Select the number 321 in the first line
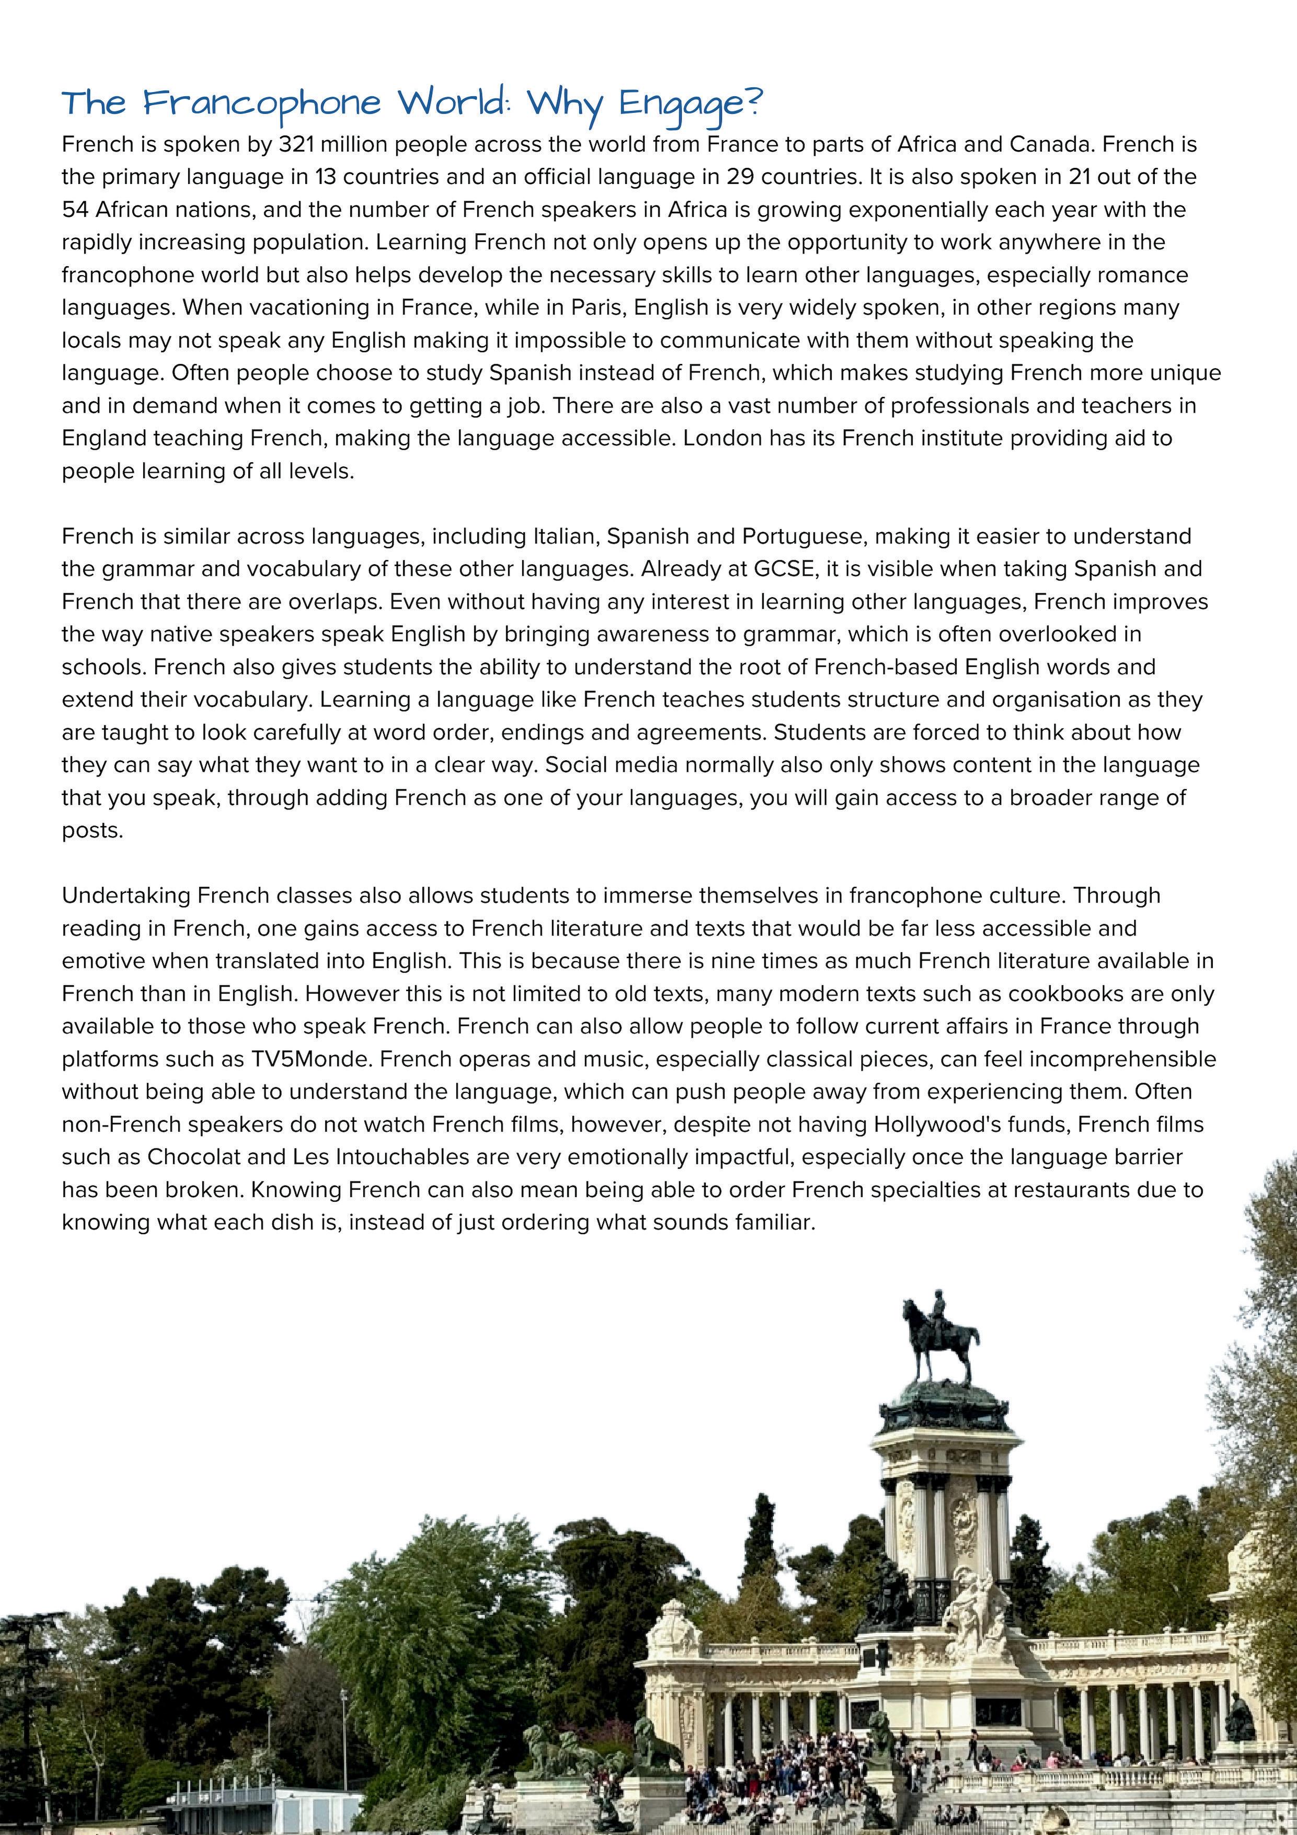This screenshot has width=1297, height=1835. click(295, 145)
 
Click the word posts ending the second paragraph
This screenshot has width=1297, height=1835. click(93, 830)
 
